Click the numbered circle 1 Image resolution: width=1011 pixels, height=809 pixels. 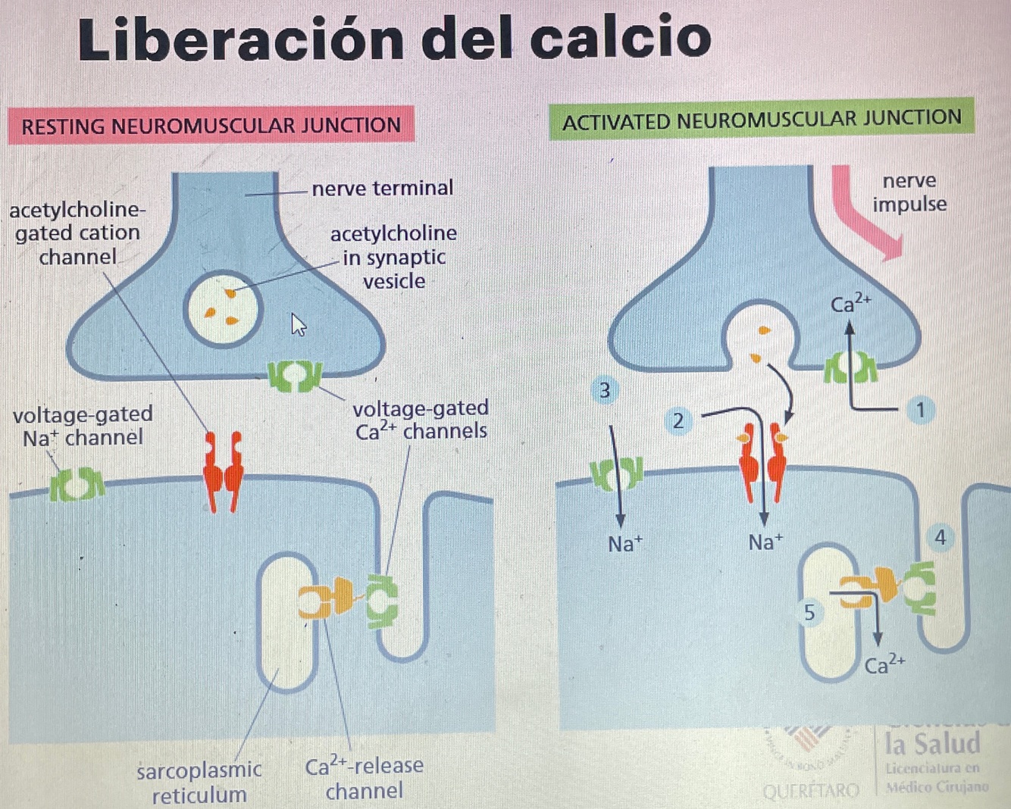pos(920,411)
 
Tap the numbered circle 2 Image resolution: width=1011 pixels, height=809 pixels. pos(678,421)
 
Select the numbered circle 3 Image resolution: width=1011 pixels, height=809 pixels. pos(605,391)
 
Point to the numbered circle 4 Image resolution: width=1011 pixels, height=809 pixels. pos(941,538)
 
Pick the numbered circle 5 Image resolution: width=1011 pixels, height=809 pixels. pos(809,612)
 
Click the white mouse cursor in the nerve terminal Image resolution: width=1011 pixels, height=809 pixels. pos(299,325)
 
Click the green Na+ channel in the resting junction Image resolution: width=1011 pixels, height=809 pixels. pos(77,484)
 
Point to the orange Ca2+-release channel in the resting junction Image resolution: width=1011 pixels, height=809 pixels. pos(325,599)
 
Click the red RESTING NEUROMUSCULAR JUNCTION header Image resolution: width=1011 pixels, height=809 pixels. pos(211,125)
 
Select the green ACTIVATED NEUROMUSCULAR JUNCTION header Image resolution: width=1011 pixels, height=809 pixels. pos(762,120)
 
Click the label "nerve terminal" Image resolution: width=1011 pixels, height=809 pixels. pos(382,188)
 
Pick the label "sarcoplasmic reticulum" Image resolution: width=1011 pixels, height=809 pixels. pos(199,782)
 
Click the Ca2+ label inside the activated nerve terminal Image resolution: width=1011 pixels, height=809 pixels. pos(850,305)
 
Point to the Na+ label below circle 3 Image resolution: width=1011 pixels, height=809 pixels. pos(624,544)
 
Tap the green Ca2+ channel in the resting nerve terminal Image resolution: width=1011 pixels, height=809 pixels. pos(295,375)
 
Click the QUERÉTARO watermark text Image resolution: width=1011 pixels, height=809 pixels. pos(810,792)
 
